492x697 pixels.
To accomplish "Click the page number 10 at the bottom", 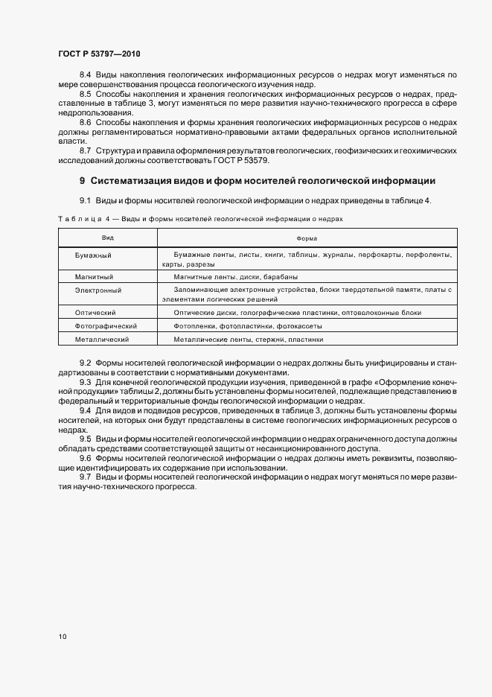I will pos(62,637).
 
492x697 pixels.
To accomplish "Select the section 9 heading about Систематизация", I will pos(257,181).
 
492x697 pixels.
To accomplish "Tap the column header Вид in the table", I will pos(108,238).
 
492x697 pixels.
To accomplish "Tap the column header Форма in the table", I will pos(307,238).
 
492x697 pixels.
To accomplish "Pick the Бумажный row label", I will pos(93,255).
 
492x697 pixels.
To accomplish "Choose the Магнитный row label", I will pos(93,275).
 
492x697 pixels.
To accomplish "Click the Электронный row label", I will pos(98,289).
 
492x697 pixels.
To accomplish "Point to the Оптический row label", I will pos(95,313).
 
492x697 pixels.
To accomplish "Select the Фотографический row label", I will pos(106,326).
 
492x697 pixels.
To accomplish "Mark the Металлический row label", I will pos(102,339).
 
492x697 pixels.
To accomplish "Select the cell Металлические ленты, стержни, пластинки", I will pos(248,339).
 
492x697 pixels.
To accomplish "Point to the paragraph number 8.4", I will pos(85,75).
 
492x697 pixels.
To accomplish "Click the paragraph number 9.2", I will pos(85,363).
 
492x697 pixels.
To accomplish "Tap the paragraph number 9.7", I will pos(85,477).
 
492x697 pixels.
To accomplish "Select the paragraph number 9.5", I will pos(85,439).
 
